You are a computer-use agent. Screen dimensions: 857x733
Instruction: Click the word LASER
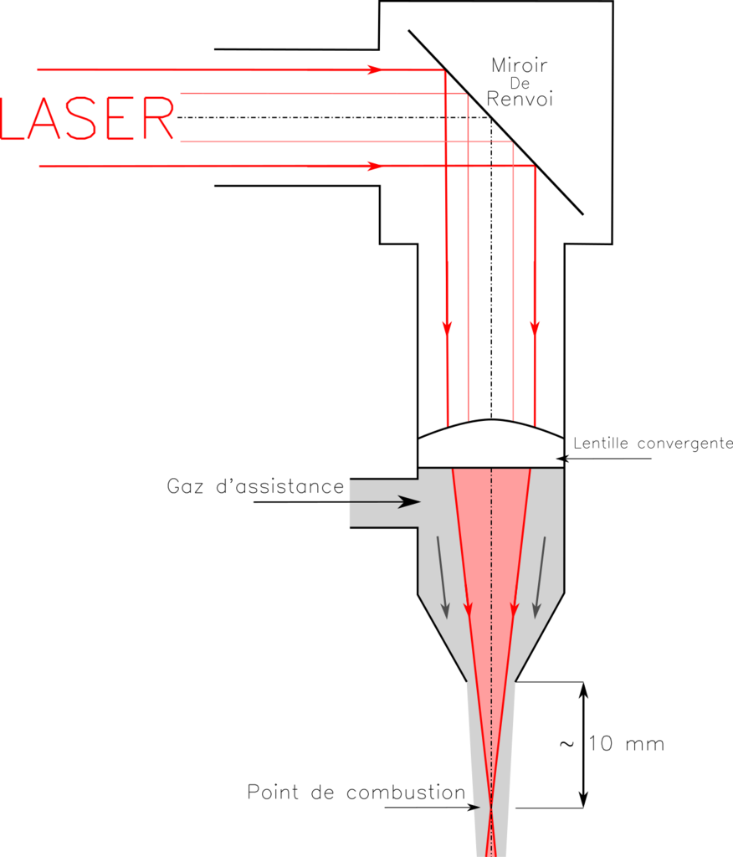tap(88, 120)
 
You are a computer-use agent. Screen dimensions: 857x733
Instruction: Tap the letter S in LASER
tap(88, 120)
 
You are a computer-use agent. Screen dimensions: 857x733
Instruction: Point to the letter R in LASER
tap(158, 120)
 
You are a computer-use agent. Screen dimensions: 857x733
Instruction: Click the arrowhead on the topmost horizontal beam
tap(374, 69)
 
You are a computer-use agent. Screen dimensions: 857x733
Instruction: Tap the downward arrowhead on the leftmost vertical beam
tap(447, 327)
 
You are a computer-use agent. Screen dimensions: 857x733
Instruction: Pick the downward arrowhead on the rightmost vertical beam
tap(535, 327)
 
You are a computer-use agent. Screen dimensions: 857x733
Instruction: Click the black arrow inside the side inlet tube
tap(408, 502)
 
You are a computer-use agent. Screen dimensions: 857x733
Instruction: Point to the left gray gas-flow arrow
tap(442, 577)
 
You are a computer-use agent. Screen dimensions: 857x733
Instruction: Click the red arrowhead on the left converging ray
tap(468, 609)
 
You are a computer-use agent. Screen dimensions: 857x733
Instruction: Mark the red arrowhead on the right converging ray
tap(514, 609)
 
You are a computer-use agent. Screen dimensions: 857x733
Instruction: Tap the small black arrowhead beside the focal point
tap(475, 808)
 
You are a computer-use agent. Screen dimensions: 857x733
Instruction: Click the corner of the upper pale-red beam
tap(467, 96)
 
